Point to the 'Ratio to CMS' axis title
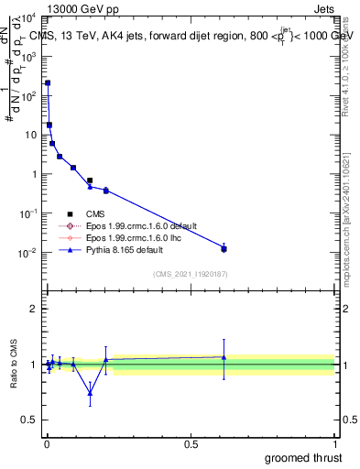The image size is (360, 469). (14, 365)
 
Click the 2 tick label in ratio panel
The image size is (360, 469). (34, 309)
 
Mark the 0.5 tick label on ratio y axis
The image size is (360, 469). (30, 420)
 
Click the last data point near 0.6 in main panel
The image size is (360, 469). (224, 248)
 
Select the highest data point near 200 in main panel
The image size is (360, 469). (48, 83)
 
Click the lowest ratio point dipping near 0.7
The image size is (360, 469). (90, 393)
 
